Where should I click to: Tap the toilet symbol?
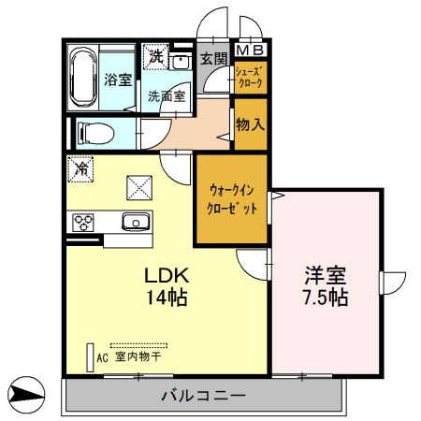[x=91, y=130]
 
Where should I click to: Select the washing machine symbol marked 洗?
[x=155, y=56]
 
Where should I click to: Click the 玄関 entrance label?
[x=212, y=59]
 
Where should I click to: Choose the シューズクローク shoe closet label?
[x=249, y=77]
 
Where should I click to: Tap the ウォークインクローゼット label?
[x=231, y=199]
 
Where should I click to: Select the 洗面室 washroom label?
[x=165, y=95]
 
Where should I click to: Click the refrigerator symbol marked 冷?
[x=81, y=169]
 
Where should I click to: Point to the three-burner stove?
[x=83, y=222]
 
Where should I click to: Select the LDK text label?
[x=166, y=276]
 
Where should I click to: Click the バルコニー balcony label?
[x=202, y=396]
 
